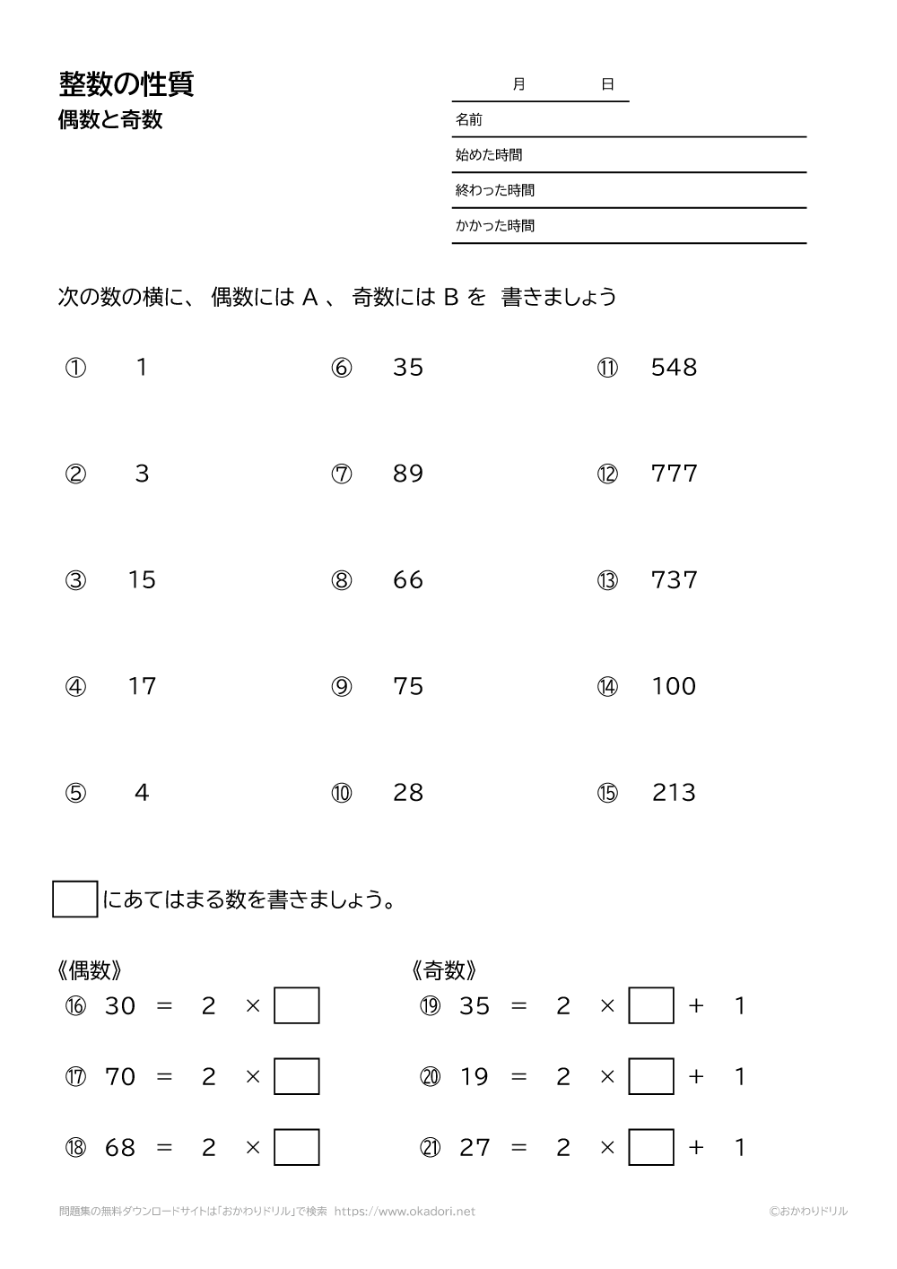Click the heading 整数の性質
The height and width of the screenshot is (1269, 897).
click(126, 84)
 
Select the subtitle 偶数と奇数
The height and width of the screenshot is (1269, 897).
click(110, 120)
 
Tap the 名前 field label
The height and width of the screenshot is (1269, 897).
click(469, 119)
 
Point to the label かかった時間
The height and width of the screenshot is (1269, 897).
click(495, 226)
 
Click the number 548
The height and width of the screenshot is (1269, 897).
click(674, 368)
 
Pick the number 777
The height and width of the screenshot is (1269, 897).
click(674, 474)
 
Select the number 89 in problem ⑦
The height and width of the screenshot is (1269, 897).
click(408, 474)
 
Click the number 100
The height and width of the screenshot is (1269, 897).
click(674, 687)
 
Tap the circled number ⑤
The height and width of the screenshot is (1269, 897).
click(76, 794)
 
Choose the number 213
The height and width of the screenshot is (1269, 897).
click(674, 793)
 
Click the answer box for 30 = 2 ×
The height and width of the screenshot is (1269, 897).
click(297, 1005)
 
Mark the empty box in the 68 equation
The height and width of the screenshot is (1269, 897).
click(297, 1147)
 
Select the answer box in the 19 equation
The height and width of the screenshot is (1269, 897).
click(651, 1076)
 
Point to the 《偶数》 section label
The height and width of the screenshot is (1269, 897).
click(90, 970)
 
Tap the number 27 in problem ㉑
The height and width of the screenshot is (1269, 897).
click(475, 1147)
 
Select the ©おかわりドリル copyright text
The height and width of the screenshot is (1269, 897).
click(807, 1212)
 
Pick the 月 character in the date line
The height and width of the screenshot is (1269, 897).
click(518, 84)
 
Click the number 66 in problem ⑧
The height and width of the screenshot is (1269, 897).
click(408, 580)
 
